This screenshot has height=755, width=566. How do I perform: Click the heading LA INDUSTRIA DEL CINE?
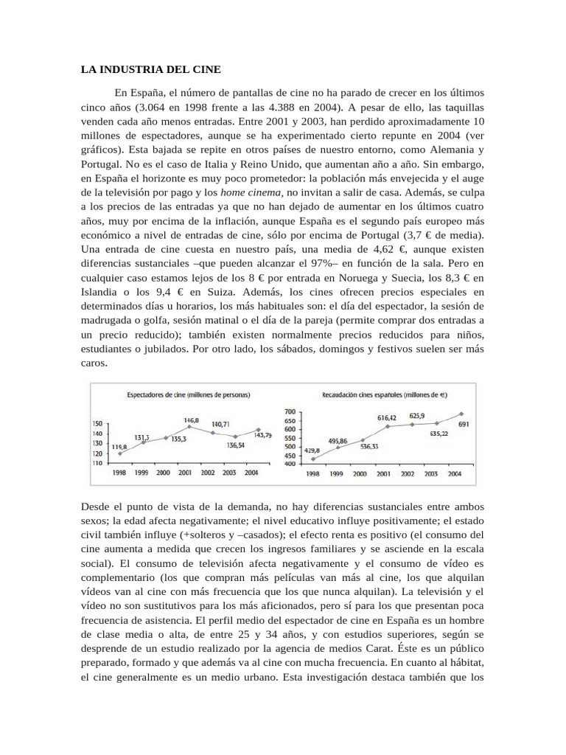(150, 69)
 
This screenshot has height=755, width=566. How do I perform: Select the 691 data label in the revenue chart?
(464, 425)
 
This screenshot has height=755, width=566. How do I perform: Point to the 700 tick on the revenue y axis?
(289, 411)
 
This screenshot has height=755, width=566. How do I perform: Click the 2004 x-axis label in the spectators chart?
(251, 473)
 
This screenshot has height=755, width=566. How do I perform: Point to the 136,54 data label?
(236, 445)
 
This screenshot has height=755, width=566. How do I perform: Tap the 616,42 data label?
(388, 417)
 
